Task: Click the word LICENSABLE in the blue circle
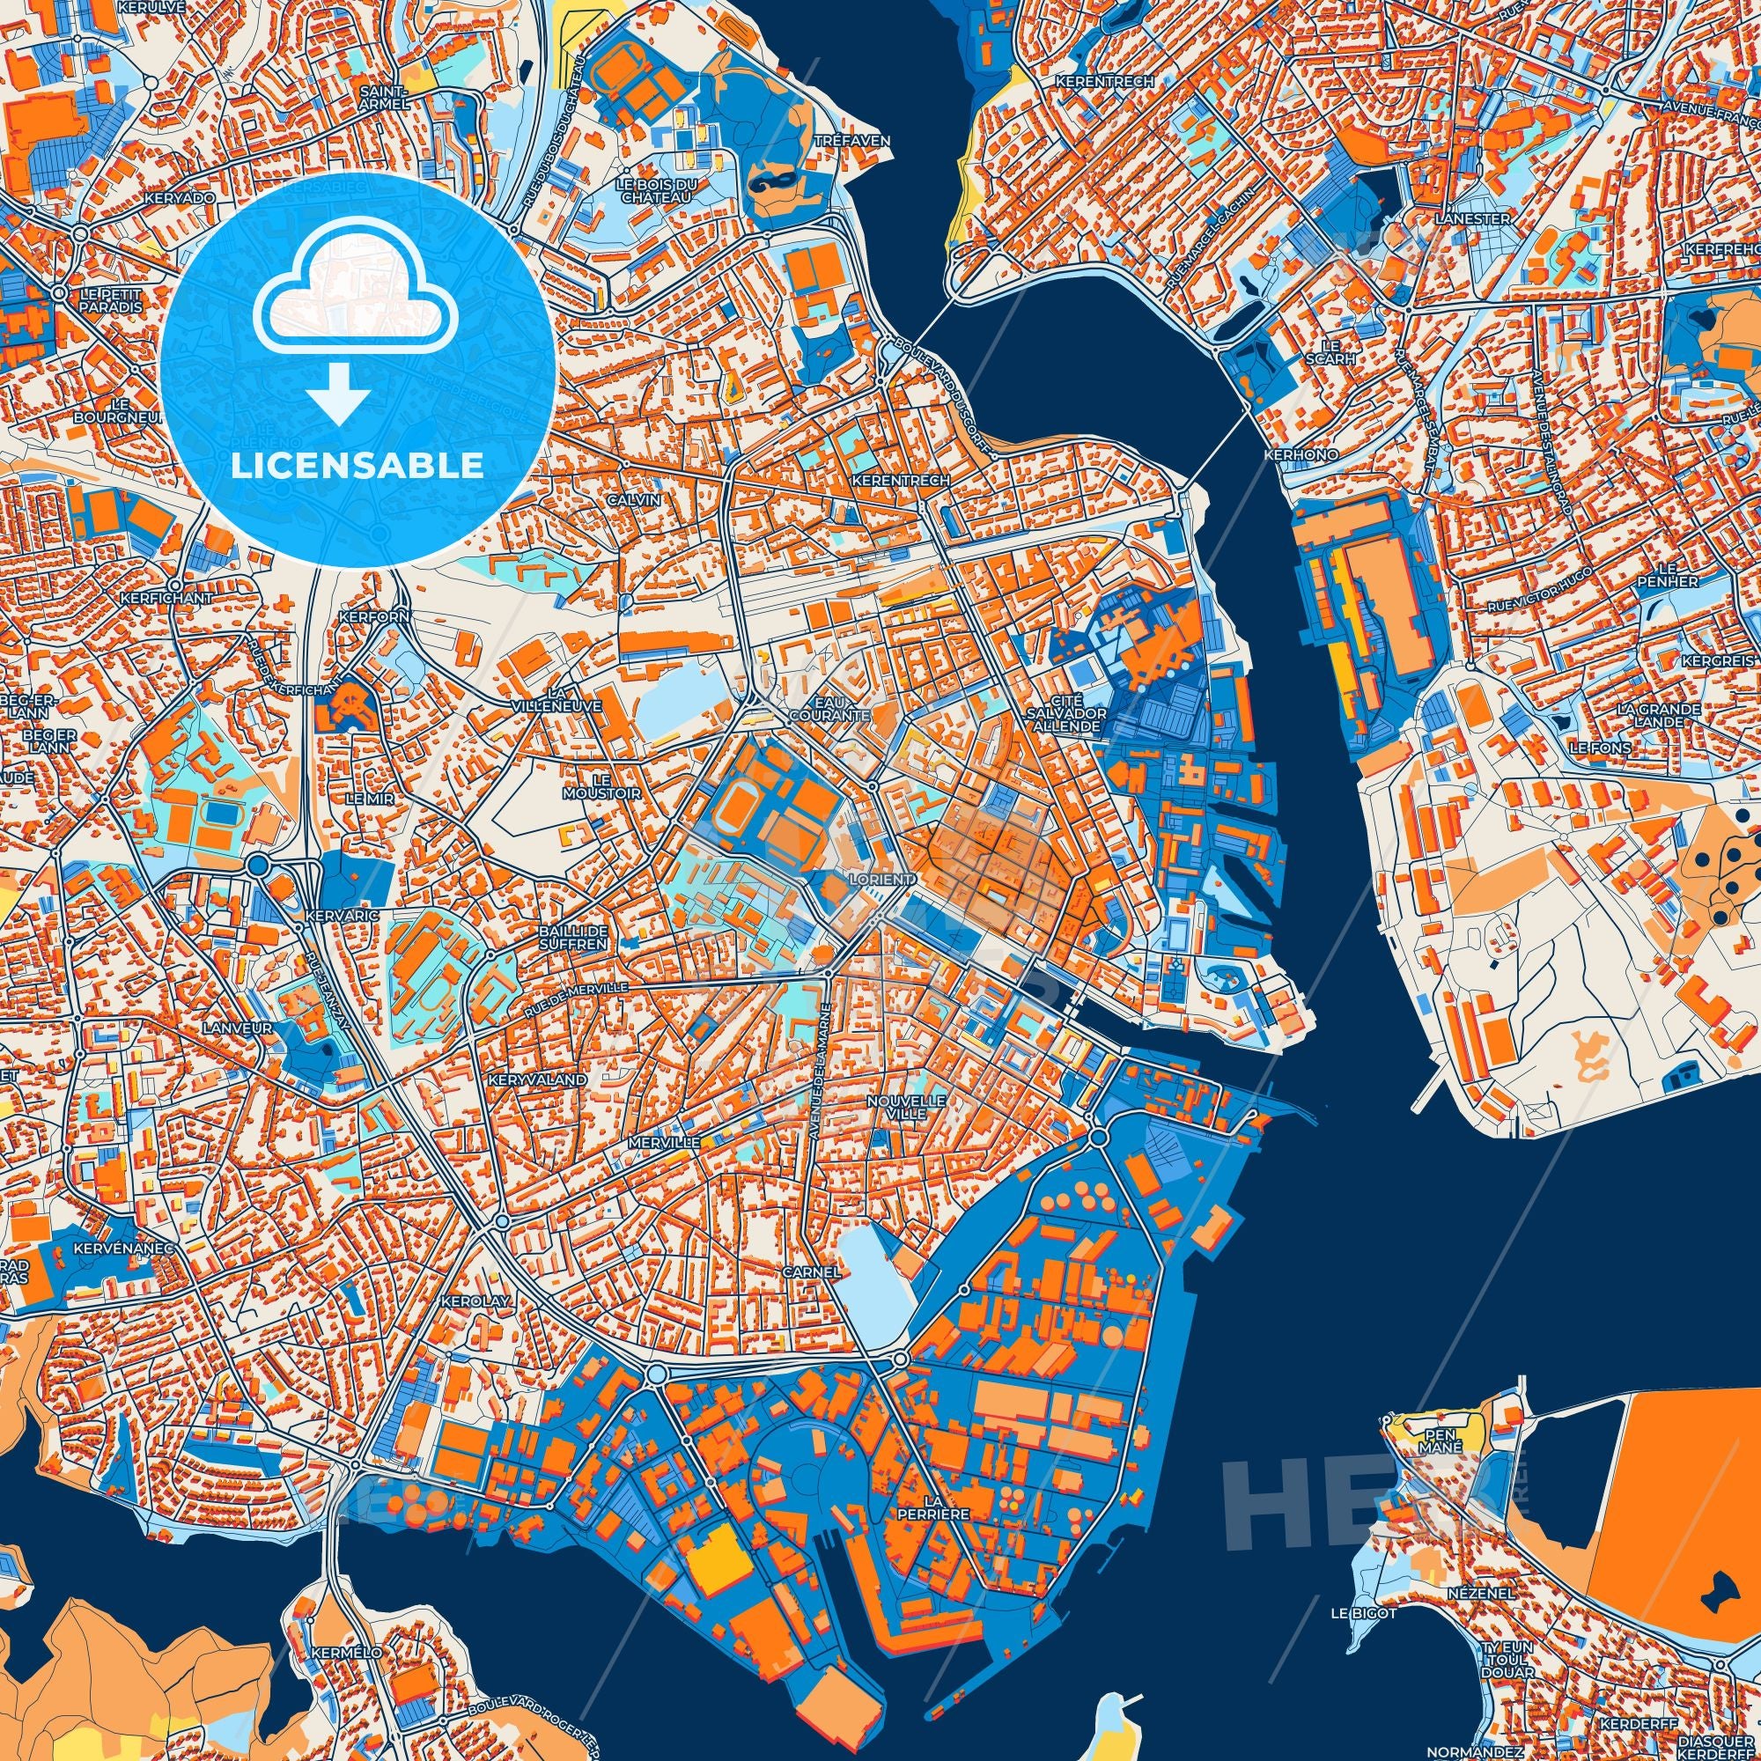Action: click(357, 466)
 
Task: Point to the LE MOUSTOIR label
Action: click(616, 786)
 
